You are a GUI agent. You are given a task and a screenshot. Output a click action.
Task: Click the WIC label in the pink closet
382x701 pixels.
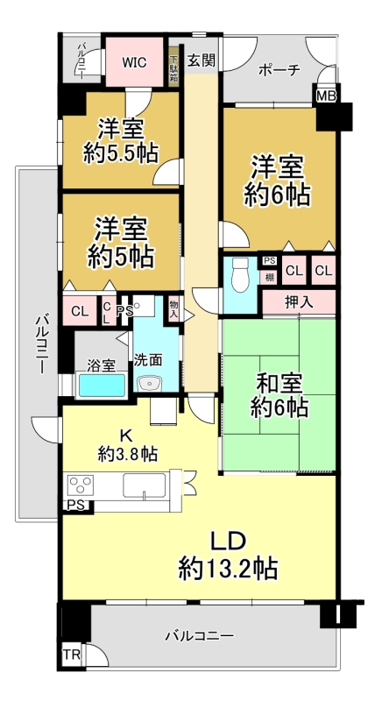134,62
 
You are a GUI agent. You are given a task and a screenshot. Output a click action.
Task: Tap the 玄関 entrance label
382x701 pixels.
201,60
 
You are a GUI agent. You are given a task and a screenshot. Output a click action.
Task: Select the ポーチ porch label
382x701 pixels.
279,70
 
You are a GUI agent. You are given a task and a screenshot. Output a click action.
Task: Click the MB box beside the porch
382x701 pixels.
326,96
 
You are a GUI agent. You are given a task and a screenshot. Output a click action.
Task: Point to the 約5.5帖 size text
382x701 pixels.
121,154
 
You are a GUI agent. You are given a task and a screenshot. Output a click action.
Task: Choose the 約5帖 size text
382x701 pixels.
121,257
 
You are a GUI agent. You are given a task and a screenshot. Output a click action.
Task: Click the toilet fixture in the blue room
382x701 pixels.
240,275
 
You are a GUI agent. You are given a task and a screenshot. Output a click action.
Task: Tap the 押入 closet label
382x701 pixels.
299,303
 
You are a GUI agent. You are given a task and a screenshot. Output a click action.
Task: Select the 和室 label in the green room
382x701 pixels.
279,384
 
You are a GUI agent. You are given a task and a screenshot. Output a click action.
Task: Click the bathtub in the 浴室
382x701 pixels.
102,386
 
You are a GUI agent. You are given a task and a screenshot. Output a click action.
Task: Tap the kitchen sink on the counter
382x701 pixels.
145,486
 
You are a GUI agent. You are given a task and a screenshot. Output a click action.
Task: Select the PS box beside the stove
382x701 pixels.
75,506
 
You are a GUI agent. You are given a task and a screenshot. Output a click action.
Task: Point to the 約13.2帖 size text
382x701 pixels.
228,569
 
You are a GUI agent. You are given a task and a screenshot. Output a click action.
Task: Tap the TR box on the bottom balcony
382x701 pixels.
72,655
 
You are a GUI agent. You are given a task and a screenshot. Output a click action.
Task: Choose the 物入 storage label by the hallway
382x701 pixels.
173,308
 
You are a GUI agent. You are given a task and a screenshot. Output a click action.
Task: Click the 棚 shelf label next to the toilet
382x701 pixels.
269,277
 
